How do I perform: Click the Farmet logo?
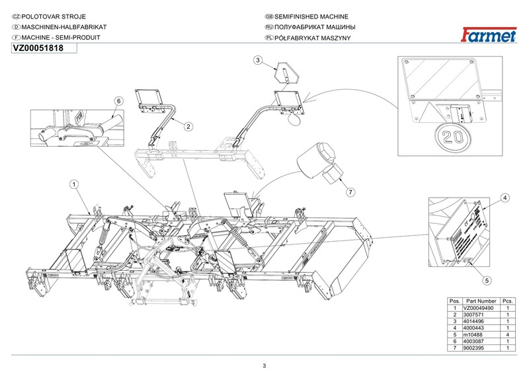(489, 35)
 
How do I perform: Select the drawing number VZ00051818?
(38, 48)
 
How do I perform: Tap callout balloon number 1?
(74, 184)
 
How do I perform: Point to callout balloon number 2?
(188, 126)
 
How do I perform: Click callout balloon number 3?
(258, 60)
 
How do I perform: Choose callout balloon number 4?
(505, 198)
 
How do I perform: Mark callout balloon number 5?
(487, 280)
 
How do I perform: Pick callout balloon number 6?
(118, 101)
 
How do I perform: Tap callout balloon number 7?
(350, 192)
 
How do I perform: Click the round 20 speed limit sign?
(453, 137)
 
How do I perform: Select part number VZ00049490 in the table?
(478, 308)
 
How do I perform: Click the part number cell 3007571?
(473, 315)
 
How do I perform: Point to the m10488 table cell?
(472, 335)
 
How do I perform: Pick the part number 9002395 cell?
(473, 348)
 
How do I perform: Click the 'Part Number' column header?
(481, 301)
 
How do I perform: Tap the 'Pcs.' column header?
(507, 301)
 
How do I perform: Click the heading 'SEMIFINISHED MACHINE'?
(311, 17)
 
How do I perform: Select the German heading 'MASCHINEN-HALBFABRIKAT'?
(63, 27)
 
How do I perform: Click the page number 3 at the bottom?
(264, 366)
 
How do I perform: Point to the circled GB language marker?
(269, 17)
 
